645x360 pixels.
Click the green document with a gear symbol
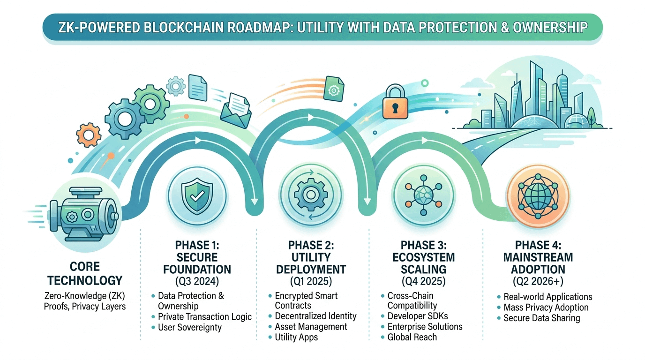(x=334, y=88)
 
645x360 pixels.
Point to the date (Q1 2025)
(x=311, y=281)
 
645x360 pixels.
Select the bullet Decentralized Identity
(x=315, y=316)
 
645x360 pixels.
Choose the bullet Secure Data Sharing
(x=541, y=318)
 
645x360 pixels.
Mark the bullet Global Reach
(x=412, y=337)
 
